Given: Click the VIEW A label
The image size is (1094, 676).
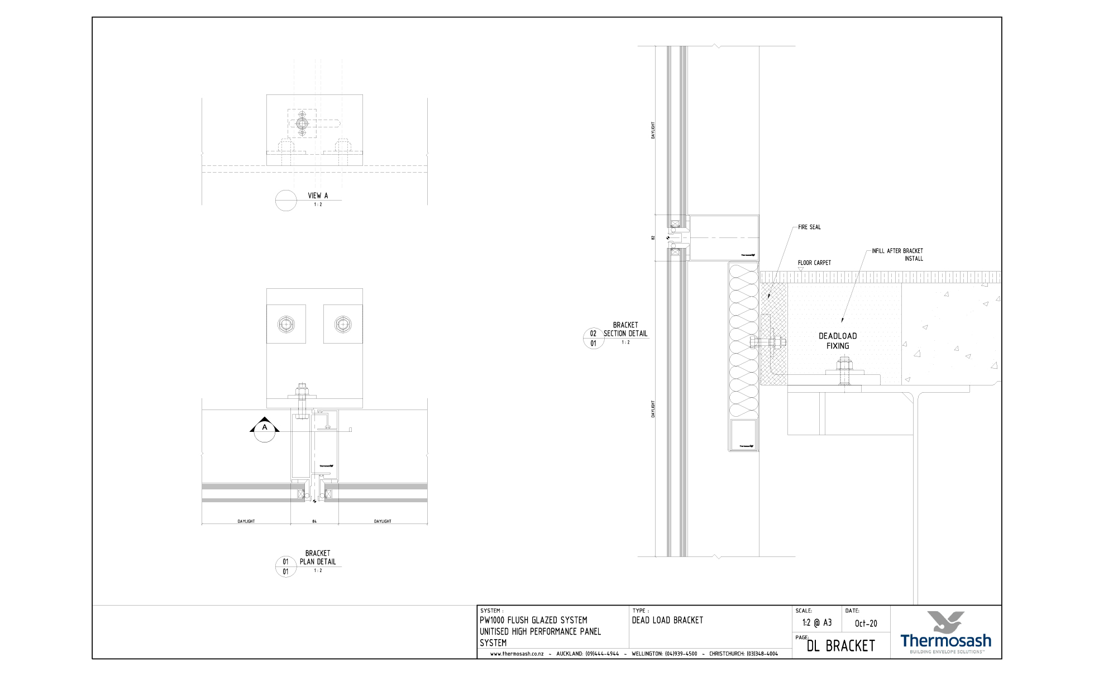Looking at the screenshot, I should tap(318, 196).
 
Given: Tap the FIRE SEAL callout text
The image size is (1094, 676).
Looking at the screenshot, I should tap(809, 227).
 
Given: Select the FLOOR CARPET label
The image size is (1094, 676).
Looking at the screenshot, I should tap(814, 263).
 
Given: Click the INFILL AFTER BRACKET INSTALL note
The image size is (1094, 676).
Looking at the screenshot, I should tap(897, 255).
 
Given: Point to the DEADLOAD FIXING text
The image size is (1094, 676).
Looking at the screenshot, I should tap(838, 341).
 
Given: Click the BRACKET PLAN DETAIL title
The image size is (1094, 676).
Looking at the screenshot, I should tap(318, 558).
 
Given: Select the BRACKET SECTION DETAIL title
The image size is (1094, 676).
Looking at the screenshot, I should tap(625, 329).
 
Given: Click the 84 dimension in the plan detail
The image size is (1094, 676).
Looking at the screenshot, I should tap(314, 521).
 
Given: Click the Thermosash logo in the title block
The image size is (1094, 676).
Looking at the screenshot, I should tap(945, 632).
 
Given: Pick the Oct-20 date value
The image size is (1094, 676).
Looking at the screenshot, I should tap(866, 623).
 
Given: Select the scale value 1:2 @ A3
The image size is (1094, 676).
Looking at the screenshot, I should tap(816, 623).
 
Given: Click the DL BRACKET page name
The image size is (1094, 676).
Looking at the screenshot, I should tap(840, 646).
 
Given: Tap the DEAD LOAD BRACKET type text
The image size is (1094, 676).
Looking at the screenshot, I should tap(667, 620).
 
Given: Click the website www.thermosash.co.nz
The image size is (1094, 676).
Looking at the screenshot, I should tap(517, 654).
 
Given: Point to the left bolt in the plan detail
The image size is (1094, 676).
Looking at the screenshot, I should tap(286, 324).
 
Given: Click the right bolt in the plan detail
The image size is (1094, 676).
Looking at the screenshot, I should tap(342, 324).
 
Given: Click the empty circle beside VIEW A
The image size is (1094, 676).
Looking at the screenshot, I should tap(286, 201).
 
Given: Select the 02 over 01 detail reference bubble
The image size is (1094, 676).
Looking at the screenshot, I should tap(593, 339).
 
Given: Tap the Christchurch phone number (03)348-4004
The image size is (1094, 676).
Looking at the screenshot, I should tap(762, 654).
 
